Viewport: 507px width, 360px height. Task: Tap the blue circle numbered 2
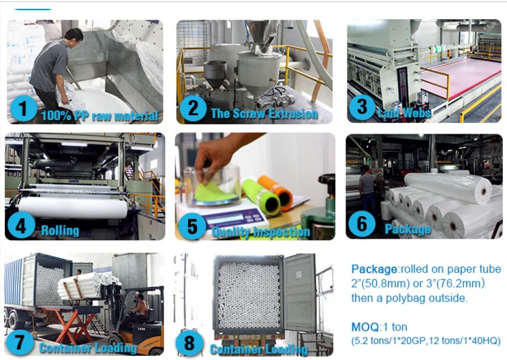pyautogui.click(x=193, y=108)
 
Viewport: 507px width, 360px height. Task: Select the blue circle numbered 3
pyautogui.click(x=362, y=108)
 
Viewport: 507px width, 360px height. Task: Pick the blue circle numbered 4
pyautogui.click(x=22, y=225)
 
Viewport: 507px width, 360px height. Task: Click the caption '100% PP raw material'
pyautogui.click(x=99, y=116)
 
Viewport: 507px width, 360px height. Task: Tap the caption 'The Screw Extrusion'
pyautogui.click(x=264, y=113)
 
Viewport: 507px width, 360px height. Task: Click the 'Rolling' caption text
pyautogui.click(x=60, y=230)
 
